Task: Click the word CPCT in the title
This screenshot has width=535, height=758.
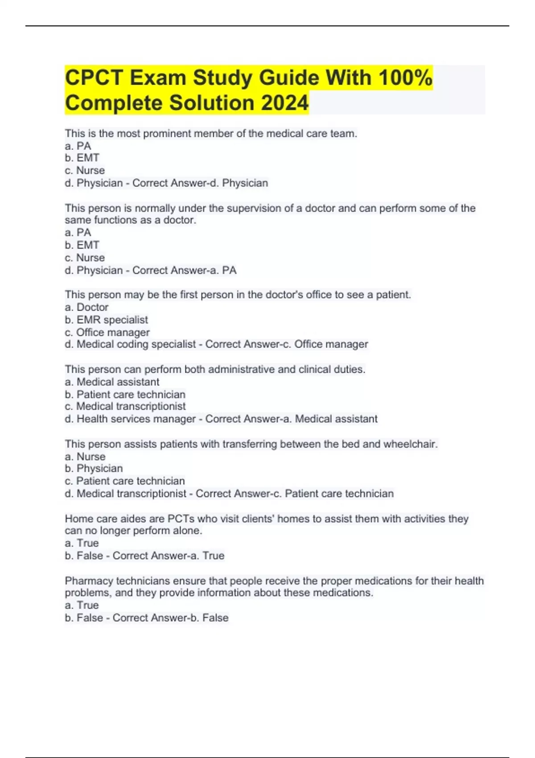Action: (x=94, y=78)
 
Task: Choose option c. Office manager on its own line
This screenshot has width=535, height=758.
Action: (x=107, y=332)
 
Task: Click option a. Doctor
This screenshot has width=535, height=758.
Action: (x=87, y=307)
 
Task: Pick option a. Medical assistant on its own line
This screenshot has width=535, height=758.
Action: (x=112, y=382)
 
